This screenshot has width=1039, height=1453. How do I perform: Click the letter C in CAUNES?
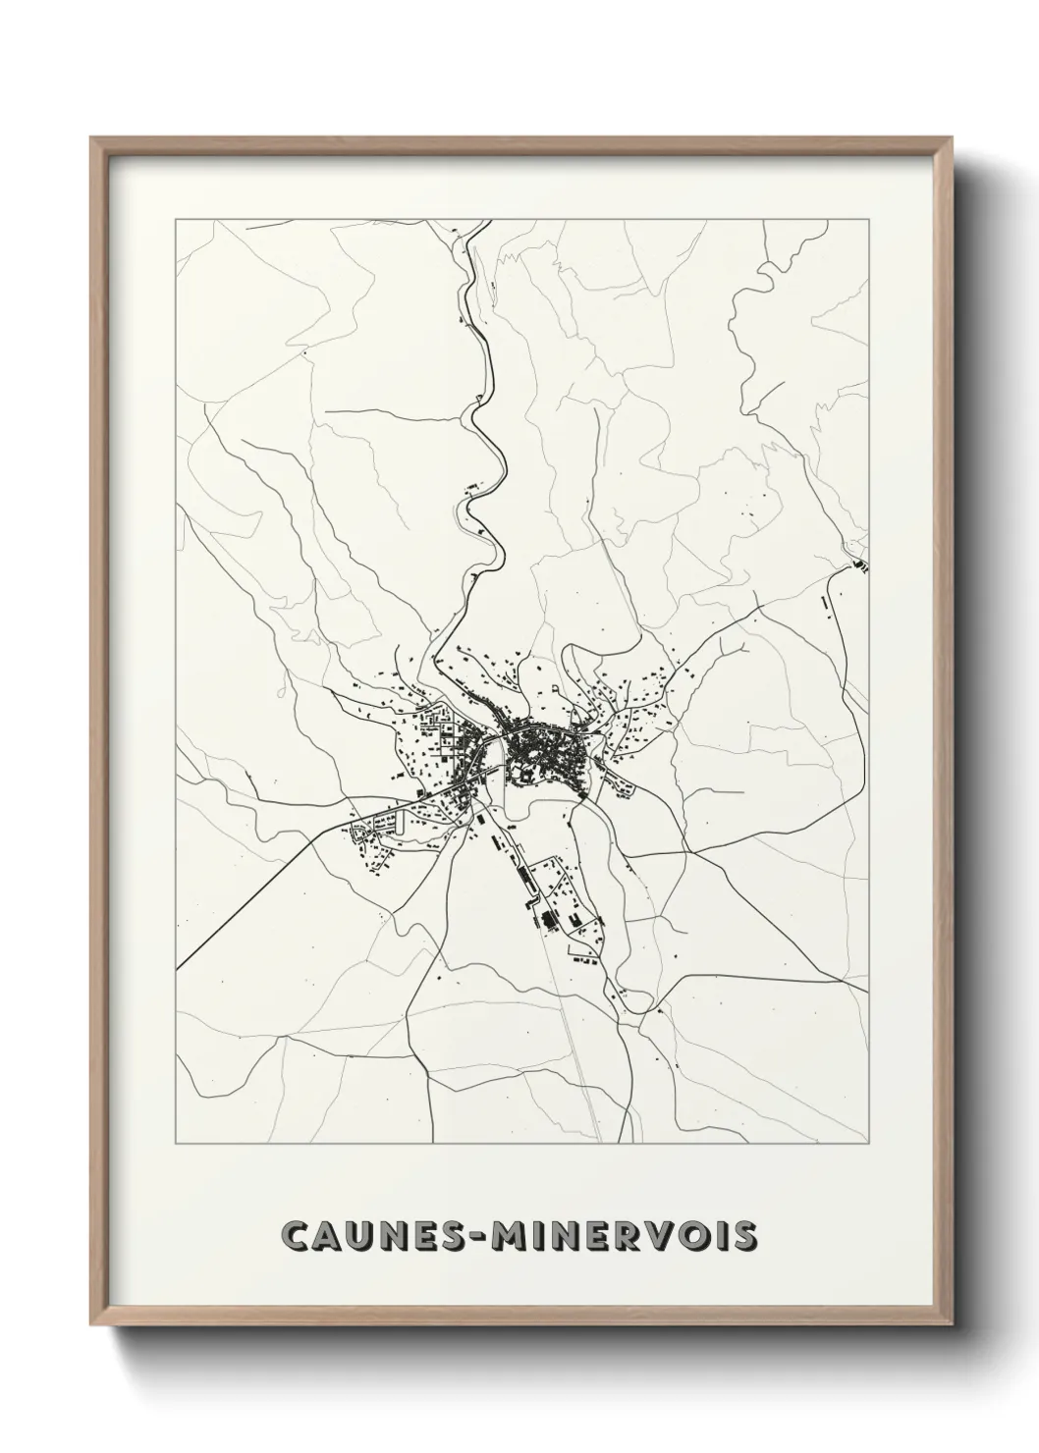click(298, 1236)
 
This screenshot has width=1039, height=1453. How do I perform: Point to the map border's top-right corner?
click(868, 220)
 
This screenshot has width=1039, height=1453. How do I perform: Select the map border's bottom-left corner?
click(176, 1144)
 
